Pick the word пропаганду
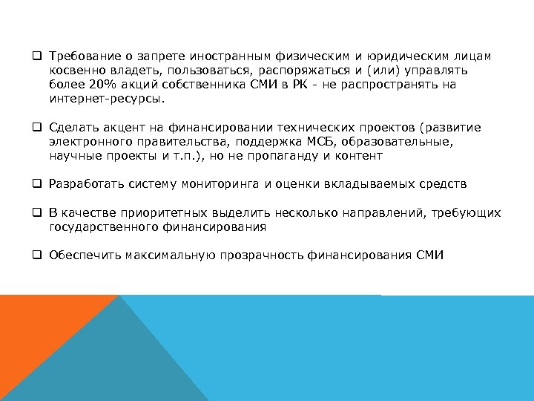click(x=289, y=156)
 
